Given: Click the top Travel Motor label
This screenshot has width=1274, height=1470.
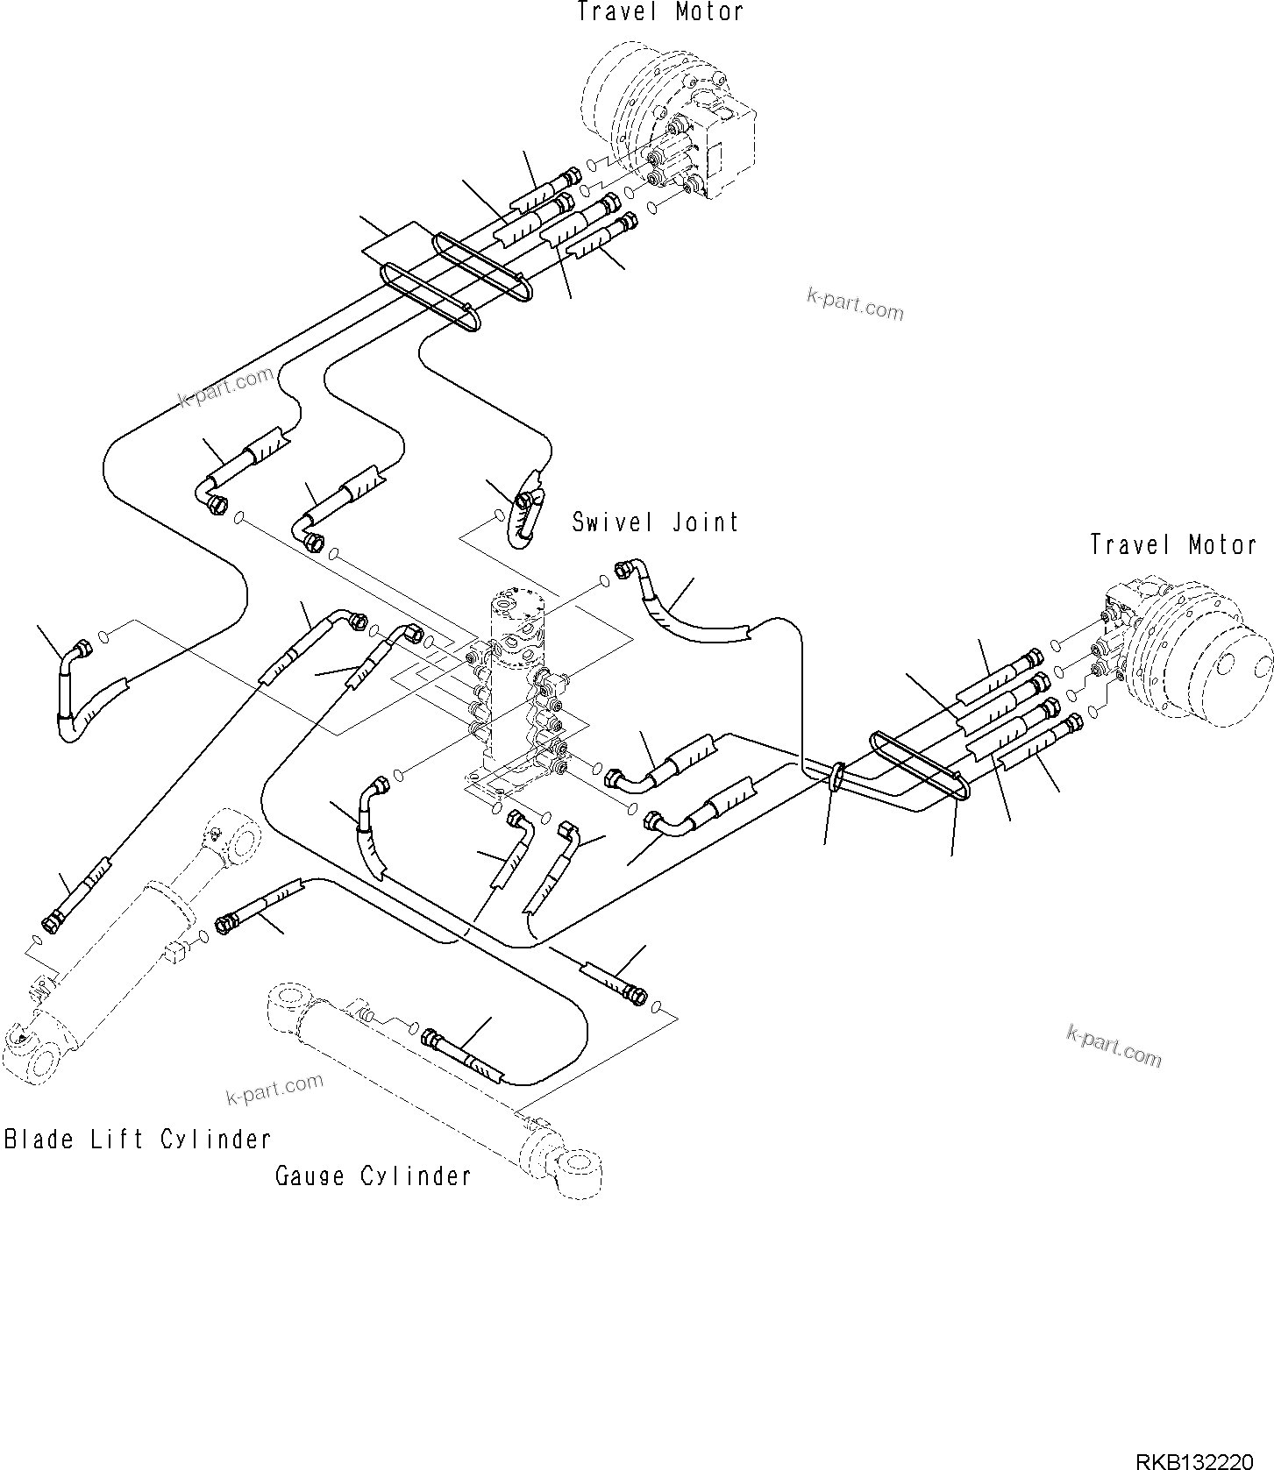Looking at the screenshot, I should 660,12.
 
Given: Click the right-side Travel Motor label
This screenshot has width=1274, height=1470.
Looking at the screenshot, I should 1173,544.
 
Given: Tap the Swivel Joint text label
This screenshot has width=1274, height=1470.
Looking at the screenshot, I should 655,522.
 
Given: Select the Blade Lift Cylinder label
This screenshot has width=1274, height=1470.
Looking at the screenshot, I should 138,1140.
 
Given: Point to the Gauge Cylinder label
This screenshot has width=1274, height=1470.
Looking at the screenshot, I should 374,1175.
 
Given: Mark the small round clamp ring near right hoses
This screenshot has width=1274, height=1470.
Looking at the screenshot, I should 837,775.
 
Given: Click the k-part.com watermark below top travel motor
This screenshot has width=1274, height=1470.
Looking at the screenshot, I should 855,304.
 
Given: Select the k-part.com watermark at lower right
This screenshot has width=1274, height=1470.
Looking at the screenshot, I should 1114,1046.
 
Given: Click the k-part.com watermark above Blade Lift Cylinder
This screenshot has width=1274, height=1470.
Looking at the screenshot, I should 274,1090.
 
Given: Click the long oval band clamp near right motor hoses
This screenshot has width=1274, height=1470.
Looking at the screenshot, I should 921,765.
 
